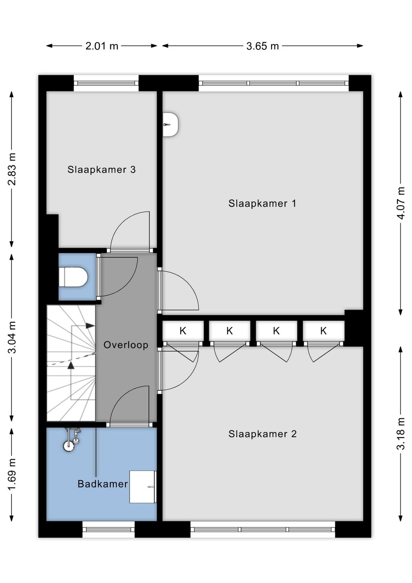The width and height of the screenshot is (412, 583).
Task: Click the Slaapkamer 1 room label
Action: tap(262, 203)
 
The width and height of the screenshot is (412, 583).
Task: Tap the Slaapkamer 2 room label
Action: tap(262, 434)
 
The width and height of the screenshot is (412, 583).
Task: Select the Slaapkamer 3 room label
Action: tap(101, 169)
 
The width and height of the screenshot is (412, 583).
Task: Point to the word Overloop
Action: tap(126, 345)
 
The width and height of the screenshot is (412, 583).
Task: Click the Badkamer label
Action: tap(103, 484)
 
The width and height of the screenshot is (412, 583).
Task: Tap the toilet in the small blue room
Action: tap(74, 277)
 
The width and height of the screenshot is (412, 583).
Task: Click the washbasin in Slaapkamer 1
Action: tap(171, 125)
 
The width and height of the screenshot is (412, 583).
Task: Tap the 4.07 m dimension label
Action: tap(401, 203)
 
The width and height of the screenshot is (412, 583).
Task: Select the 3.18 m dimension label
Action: tap(401, 433)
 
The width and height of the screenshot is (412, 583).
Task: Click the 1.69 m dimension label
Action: tap(12, 474)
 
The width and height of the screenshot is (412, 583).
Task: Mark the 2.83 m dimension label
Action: tap(12, 169)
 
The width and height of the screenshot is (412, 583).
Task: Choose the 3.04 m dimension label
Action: tap(12, 337)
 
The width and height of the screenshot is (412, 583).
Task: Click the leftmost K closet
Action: tap(183, 331)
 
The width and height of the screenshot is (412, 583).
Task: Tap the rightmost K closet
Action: tap(323, 331)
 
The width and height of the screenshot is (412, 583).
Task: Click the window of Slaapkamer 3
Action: tap(106, 83)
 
